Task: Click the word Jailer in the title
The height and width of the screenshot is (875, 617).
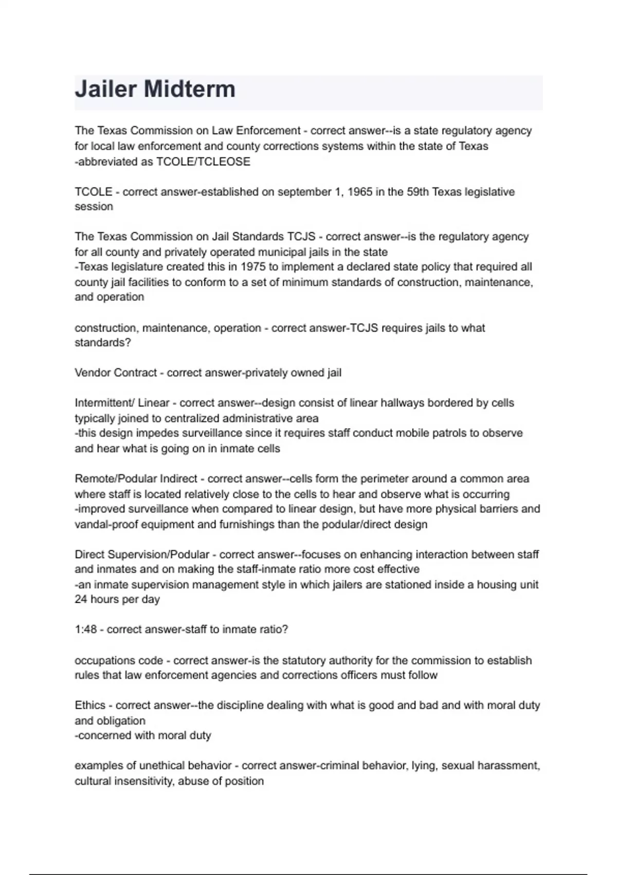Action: point(105,89)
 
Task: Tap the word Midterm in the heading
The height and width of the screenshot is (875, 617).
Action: point(190,89)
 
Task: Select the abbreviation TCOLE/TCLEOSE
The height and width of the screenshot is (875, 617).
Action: point(203,162)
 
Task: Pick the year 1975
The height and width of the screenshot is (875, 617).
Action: point(253,267)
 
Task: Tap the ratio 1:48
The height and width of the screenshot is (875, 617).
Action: point(85,629)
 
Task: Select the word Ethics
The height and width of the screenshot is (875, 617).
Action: point(90,705)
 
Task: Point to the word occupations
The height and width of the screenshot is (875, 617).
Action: point(104,660)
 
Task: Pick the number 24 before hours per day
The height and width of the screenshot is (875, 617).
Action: point(81,600)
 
